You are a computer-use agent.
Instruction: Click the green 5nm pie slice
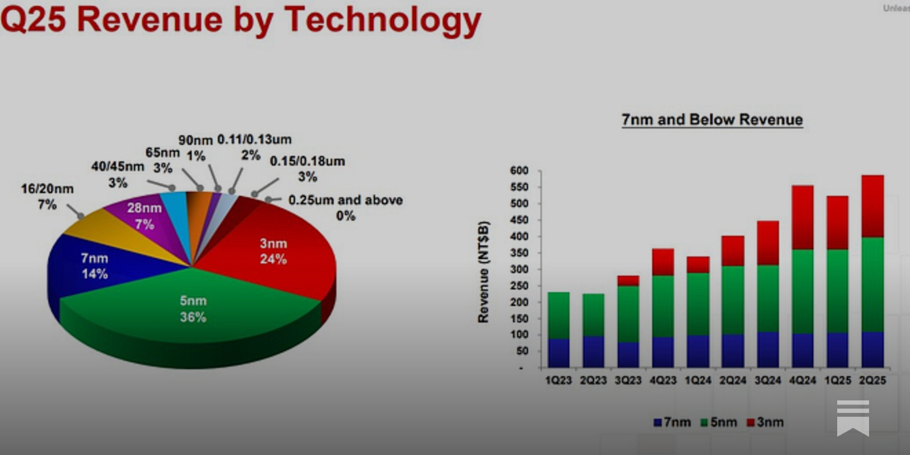point(193,307)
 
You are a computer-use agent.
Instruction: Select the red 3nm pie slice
point(273,250)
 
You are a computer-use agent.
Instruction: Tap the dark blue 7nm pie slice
point(94,266)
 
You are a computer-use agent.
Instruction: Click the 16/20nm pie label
point(47,196)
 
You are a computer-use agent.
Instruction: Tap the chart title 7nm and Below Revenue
point(712,119)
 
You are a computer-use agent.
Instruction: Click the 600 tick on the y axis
point(519,171)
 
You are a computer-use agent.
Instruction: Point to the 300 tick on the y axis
point(519,269)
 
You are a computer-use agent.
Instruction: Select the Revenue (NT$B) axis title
point(483,272)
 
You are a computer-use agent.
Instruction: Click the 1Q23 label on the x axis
point(559,380)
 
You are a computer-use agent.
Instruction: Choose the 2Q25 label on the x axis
point(872,380)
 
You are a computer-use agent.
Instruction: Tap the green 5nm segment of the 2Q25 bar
point(872,284)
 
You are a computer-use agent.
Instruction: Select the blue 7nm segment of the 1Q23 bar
point(559,353)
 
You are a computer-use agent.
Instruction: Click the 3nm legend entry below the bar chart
point(766,422)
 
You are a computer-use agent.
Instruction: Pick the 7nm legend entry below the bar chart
point(672,422)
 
